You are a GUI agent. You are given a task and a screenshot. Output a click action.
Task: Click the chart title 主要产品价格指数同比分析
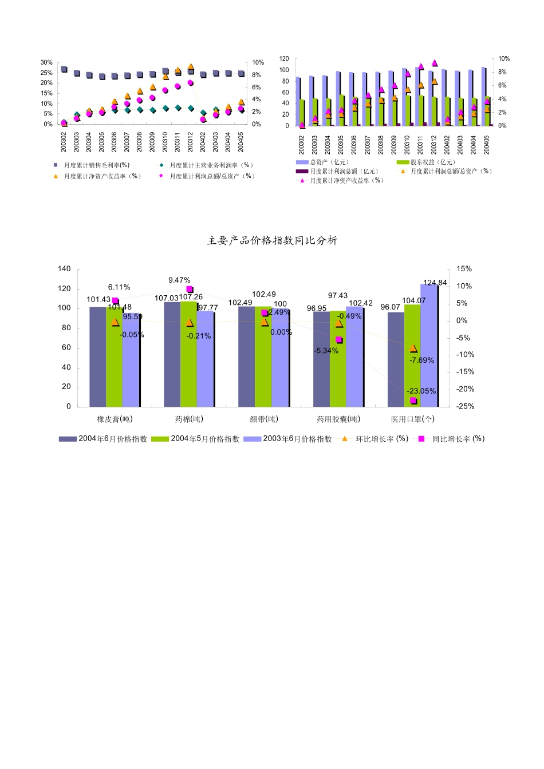(x=272, y=241)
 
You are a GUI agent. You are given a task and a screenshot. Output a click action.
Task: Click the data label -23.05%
(x=421, y=391)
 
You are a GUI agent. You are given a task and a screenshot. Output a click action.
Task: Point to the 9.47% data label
(x=179, y=280)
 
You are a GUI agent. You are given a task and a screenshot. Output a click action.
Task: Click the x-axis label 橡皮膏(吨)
(x=115, y=419)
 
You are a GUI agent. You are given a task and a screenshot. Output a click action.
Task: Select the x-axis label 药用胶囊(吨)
(x=338, y=419)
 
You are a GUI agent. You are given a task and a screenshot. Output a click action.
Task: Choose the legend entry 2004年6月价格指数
(x=104, y=439)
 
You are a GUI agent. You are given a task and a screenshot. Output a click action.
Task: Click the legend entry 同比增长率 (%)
(x=452, y=439)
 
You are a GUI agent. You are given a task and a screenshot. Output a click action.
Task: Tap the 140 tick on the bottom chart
(x=65, y=269)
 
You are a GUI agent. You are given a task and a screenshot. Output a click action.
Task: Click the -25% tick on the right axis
(x=465, y=406)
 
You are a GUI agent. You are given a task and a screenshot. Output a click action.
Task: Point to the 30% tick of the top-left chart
(x=46, y=62)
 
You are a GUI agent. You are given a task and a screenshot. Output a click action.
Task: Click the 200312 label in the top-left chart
(x=191, y=142)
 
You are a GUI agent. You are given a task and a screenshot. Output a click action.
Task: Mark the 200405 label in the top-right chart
(x=487, y=145)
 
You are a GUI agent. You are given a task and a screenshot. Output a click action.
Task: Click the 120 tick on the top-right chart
(x=284, y=59)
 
